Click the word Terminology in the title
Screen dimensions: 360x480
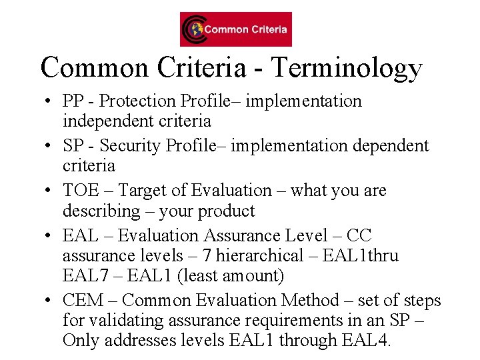tap(347, 68)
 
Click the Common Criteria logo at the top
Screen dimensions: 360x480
tap(235, 29)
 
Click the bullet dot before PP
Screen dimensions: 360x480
tap(49, 102)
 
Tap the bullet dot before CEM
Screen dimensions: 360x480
tap(49, 301)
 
